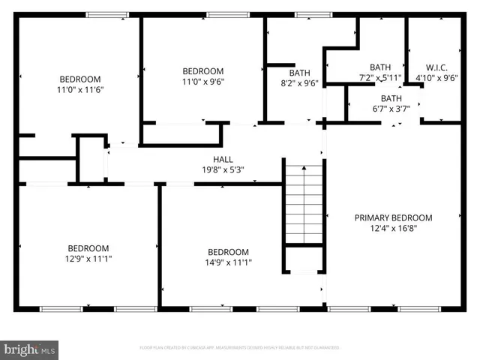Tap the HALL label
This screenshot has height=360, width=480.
[223, 159]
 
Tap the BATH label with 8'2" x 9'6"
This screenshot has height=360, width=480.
[300, 73]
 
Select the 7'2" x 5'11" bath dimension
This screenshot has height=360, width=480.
[380, 77]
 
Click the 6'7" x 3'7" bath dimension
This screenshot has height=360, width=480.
[390, 109]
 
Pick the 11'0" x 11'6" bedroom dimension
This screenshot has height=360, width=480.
[80, 89]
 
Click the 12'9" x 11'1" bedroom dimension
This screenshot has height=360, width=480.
[88, 259]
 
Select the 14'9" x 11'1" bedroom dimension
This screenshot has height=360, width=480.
[228, 262]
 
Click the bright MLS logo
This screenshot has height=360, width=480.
[30, 349]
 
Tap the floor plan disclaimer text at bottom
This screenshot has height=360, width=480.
[239, 348]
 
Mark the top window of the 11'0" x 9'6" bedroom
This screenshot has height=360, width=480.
[218, 15]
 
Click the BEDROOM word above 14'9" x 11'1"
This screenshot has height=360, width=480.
[228, 252]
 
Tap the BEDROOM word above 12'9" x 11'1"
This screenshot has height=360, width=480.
[88, 248]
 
